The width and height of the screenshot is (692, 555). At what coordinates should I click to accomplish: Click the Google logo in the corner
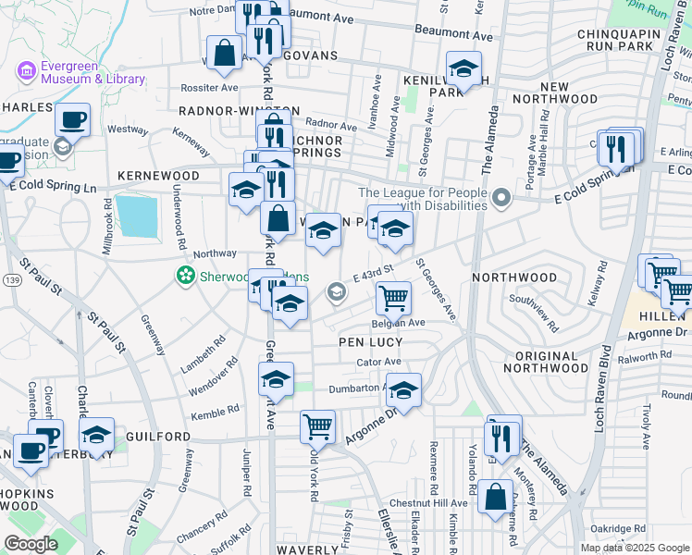coord(31,544)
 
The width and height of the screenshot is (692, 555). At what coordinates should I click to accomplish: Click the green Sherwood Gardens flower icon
coord(185,275)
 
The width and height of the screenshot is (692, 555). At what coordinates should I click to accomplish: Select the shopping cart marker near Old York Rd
coord(317,425)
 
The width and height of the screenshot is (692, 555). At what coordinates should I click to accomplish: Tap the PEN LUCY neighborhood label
coord(370,342)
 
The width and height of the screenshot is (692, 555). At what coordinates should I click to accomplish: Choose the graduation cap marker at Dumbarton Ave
coord(403,390)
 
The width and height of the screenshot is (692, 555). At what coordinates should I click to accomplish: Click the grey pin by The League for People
coord(502,198)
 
